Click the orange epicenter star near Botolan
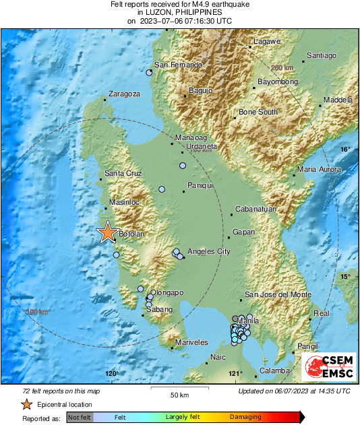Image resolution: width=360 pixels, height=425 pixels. [107, 232]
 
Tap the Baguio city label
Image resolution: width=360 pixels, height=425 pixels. [200, 90]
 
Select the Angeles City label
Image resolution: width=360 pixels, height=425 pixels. [208, 251]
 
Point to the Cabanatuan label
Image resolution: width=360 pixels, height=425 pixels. [256, 209]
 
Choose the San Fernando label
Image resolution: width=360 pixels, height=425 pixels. [179, 65]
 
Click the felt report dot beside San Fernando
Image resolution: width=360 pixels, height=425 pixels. [149, 72]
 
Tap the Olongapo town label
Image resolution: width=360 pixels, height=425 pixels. [167, 293]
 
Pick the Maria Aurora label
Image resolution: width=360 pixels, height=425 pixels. [320, 169]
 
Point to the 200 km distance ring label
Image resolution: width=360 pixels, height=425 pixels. [282, 68]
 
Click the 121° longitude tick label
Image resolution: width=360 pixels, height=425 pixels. [235, 374]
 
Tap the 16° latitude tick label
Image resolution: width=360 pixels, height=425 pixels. [345, 149]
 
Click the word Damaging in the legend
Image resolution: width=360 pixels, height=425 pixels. [245, 418]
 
